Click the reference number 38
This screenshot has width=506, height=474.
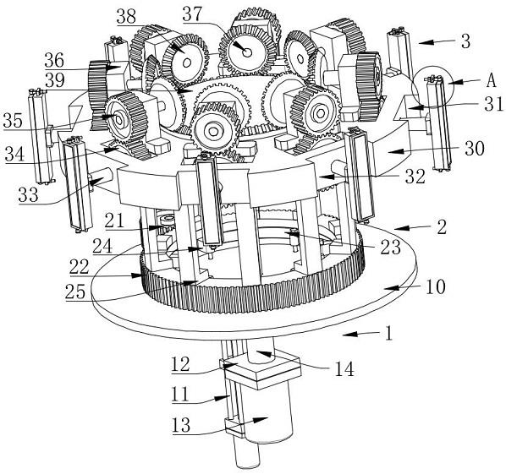tap(127, 16)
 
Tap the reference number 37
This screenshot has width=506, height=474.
tap(192, 14)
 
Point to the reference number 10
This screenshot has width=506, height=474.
tap(436, 286)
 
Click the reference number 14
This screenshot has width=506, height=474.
tap(344, 369)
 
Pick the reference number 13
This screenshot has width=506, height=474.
tap(181, 425)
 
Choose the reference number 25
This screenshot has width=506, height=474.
tap(75, 292)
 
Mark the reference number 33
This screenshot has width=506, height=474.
tap(29, 194)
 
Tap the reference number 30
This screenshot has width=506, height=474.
tap(475, 149)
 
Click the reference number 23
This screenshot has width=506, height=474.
tap(390, 248)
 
